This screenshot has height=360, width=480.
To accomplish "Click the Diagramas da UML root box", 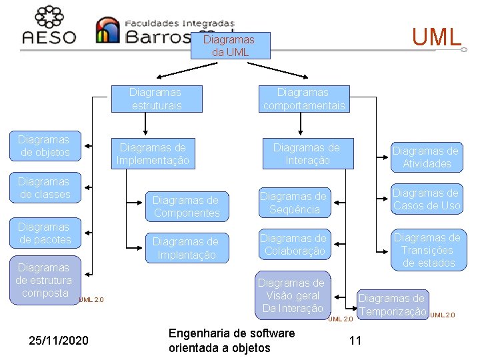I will click(229, 46).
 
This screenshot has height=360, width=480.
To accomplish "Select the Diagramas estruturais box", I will click(156, 99).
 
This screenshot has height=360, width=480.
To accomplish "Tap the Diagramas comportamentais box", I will click(304, 99).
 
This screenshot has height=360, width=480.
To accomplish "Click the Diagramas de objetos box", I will click(44, 146).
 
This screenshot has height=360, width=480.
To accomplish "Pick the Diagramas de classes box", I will click(44, 188).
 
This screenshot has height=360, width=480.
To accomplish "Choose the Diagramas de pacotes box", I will click(44, 233).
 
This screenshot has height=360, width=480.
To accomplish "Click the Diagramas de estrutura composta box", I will click(44, 281).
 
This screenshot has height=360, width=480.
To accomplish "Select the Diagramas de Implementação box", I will click(153, 153).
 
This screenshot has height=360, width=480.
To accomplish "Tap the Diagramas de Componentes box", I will click(186, 207).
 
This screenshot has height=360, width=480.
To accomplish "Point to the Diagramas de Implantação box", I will click(186, 248).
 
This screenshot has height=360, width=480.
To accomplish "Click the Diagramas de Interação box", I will click(307, 153).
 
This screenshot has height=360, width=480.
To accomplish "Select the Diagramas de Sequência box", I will click(293, 203).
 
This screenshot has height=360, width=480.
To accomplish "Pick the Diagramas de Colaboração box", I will click(293, 245).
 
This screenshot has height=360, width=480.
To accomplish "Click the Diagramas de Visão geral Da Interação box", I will click(291, 295).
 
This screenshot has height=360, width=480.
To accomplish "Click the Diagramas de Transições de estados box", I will click(427, 250).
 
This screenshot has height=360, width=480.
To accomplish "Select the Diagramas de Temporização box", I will click(392, 305).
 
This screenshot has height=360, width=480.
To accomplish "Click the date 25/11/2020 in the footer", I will click(59, 341).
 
